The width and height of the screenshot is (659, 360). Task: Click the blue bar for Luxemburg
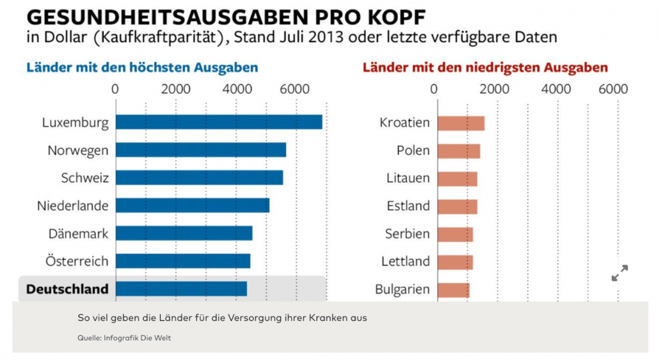[219, 122]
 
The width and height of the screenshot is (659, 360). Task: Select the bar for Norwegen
[201, 150]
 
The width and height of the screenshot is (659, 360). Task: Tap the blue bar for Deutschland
[181, 289]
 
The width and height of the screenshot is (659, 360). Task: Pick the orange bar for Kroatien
[461, 123]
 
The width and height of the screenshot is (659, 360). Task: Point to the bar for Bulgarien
[454, 290]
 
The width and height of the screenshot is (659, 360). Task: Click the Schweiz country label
[84, 178]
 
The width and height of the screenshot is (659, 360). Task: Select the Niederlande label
[73, 206]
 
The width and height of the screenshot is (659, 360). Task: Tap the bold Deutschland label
[67, 289]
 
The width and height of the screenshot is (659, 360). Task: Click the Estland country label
[408, 206]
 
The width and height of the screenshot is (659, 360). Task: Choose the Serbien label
[407, 234]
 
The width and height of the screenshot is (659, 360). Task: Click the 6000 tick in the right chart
[613, 89]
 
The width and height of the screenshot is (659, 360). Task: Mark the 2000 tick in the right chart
[493, 89]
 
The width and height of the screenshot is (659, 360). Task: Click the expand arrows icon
[619, 273]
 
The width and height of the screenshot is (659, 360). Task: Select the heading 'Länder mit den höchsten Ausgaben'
[142, 67]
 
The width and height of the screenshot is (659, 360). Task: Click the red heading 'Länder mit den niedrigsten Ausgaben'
[485, 67]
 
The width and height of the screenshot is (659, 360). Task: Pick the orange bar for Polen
[459, 151]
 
